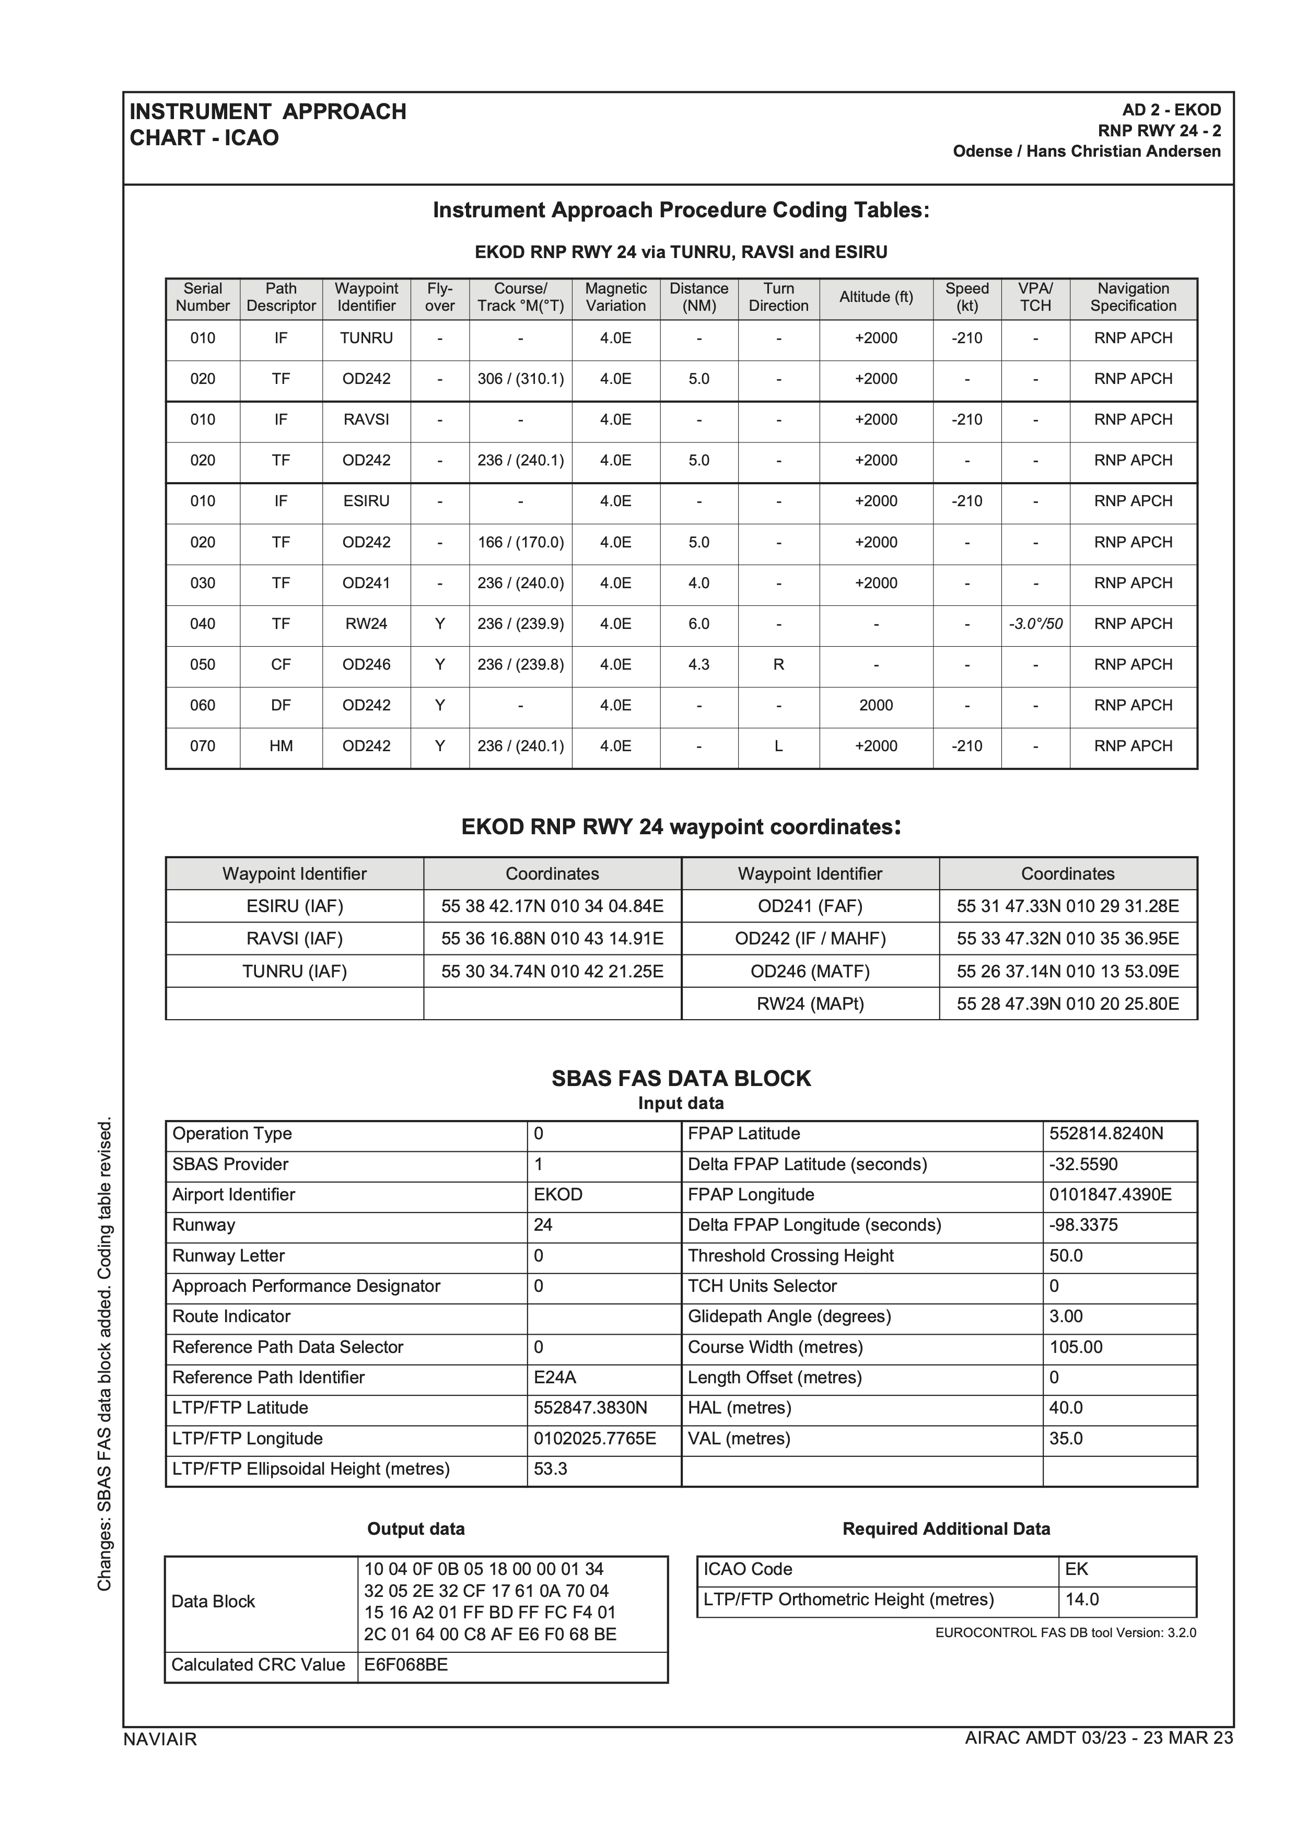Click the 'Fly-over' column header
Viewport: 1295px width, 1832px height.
(x=440, y=298)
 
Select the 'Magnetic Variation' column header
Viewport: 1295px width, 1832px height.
(x=615, y=298)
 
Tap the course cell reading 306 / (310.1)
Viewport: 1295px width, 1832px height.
(x=520, y=379)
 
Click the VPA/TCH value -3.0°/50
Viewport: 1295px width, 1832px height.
(x=1035, y=624)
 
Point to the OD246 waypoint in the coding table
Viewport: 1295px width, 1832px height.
(x=366, y=664)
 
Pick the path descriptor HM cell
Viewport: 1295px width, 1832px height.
(x=281, y=746)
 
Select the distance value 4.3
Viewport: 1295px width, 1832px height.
(x=699, y=664)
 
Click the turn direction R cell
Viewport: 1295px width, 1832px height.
(x=778, y=664)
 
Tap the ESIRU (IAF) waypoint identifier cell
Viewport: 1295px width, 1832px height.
(x=295, y=906)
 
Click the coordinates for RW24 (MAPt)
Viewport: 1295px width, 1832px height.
(x=1068, y=1004)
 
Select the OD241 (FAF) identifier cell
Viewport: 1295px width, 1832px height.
(x=810, y=906)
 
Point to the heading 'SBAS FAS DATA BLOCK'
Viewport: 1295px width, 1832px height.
(x=681, y=1079)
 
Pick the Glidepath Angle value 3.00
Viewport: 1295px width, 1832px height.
(x=1066, y=1316)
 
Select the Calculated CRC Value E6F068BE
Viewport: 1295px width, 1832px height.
(x=406, y=1665)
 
